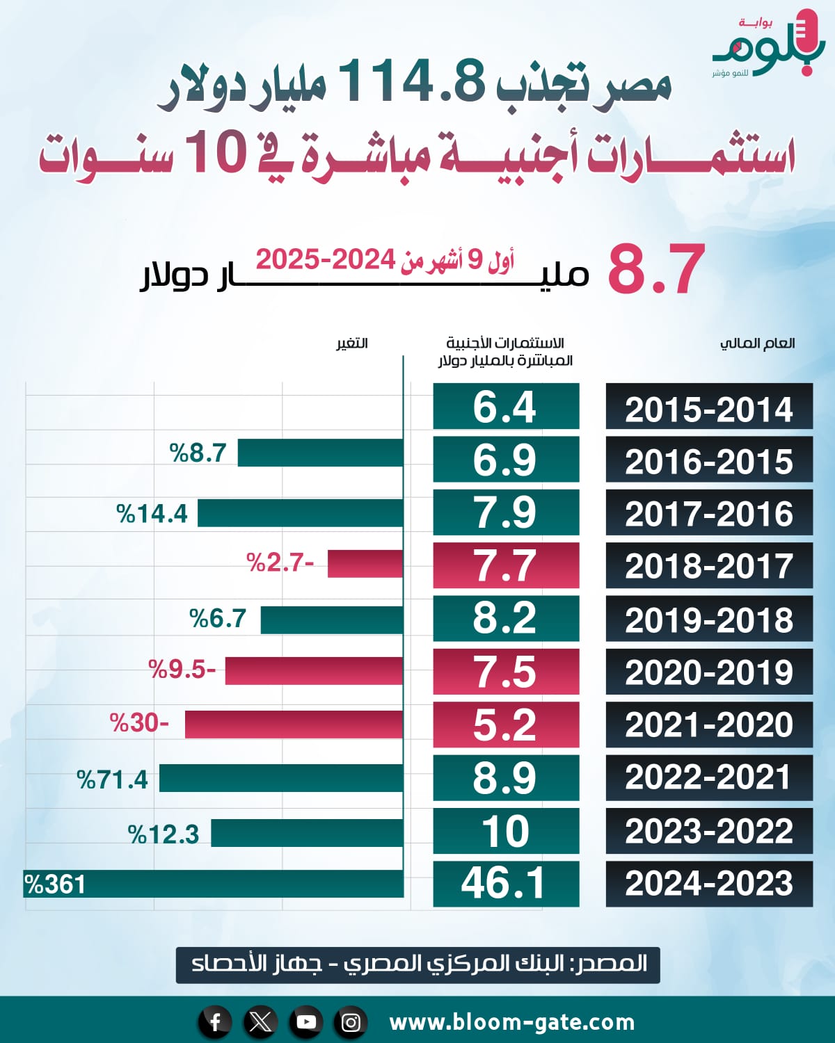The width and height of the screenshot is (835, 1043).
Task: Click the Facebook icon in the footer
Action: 215,1022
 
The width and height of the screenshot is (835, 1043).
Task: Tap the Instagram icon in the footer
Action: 351,1022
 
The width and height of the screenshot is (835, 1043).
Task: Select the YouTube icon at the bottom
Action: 306,1022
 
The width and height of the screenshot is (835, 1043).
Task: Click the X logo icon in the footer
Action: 260,1022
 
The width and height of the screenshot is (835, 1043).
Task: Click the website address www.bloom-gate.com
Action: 512,1022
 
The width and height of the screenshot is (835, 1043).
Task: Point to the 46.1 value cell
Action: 506,884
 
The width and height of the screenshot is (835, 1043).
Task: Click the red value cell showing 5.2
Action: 506,725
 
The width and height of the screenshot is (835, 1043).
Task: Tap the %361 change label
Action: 55,884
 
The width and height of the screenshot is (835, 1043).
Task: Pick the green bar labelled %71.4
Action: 281,778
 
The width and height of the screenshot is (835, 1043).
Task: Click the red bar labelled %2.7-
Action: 365,563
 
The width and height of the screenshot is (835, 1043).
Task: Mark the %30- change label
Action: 139,723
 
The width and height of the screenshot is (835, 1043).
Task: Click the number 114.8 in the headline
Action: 411,82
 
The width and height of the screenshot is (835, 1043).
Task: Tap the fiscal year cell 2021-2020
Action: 709,725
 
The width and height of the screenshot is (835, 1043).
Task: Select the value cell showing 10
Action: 506,831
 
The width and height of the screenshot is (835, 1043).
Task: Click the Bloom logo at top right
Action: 769,45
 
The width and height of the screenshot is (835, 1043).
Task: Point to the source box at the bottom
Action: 417,964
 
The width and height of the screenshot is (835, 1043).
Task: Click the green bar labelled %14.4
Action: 301,513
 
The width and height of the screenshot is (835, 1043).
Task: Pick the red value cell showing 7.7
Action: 506,565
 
